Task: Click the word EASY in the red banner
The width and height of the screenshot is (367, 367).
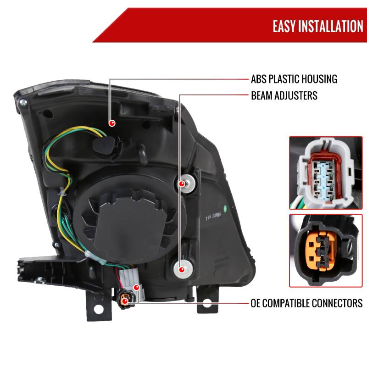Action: click(284, 26)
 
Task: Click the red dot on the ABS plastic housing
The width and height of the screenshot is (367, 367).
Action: click(112, 123)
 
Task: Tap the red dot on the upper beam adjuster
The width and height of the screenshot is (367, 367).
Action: click(182, 184)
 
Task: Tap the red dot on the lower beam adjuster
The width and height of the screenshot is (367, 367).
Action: click(181, 269)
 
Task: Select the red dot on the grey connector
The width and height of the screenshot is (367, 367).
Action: click(136, 287)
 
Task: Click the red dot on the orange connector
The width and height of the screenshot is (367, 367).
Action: click(125, 301)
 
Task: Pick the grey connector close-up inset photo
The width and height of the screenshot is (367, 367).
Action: click(326, 173)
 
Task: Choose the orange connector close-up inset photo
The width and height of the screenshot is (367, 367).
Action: click(326, 250)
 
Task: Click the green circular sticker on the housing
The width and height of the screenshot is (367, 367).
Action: click(225, 208)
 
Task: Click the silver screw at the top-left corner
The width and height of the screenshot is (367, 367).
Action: click(23, 102)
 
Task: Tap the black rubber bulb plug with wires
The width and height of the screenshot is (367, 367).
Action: click(105, 145)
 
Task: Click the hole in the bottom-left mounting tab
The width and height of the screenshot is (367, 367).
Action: click(99, 309)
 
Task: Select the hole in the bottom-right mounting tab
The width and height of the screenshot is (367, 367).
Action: click(207, 303)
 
